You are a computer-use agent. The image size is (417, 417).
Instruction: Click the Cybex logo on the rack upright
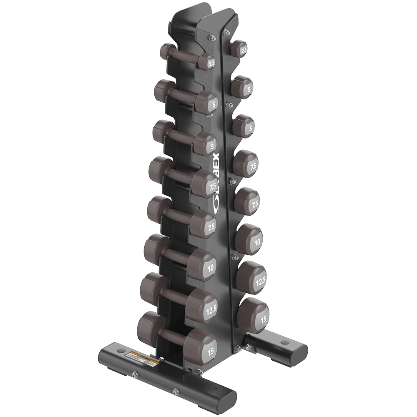tap(223, 185)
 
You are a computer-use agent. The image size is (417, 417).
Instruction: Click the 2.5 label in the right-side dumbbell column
tap(243, 49)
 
